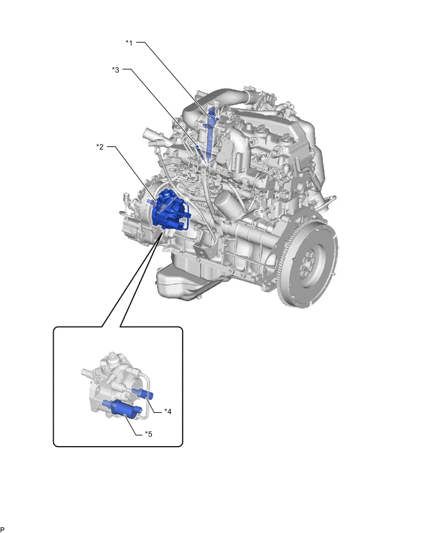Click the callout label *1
[129, 43]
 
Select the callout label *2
[100, 147]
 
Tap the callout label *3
[116, 69]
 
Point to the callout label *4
[167, 412]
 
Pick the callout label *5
[148, 434]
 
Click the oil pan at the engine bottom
[190, 279]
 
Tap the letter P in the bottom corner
[2, 529]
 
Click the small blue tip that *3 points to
[197, 146]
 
